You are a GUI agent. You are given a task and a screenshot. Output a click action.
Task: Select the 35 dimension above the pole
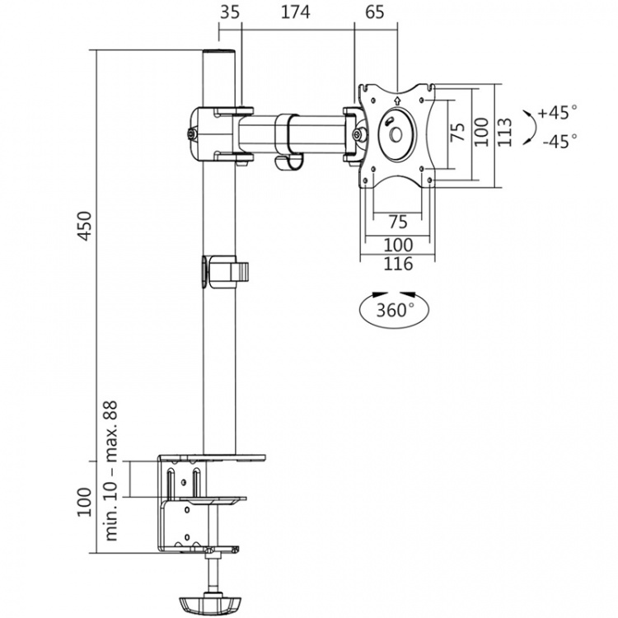click(231, 12)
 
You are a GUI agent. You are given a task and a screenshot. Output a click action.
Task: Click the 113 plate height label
click(505, 133)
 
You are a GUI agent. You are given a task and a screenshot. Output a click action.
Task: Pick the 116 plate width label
click(398, 265)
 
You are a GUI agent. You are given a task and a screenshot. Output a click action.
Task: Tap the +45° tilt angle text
click(557, 112)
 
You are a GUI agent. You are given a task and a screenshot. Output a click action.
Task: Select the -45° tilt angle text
click(559, 141)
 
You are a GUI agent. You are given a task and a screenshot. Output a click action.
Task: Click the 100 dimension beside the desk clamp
click(83, 502)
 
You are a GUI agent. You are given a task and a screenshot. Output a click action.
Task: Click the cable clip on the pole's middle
click(222, 272)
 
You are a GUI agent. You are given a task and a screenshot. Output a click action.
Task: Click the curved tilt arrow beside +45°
click(530, 126)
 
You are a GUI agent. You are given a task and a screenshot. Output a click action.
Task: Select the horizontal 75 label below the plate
click(397, 222)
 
